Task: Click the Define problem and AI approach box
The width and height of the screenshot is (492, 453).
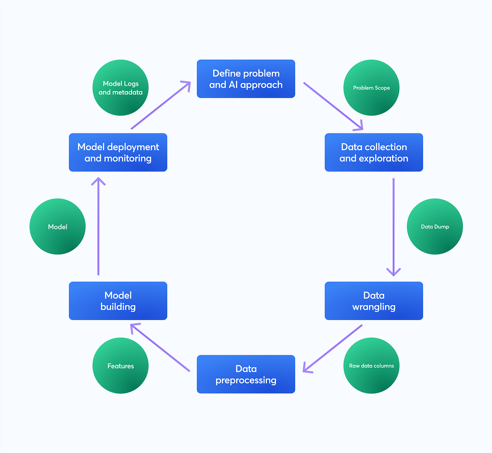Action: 246,79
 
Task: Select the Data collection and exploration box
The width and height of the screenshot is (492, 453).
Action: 374,152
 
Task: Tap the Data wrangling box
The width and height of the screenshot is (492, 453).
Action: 374,301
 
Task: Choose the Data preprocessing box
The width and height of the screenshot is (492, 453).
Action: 246,374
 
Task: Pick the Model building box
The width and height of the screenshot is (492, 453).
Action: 118,301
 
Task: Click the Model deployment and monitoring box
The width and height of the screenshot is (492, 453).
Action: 118,152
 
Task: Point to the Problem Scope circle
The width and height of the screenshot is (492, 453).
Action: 371,88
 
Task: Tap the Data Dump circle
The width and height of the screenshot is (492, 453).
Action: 435,226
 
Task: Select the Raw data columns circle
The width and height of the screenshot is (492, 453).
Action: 371,366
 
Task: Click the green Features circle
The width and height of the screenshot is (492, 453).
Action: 121,366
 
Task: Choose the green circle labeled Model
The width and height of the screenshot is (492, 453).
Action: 57,226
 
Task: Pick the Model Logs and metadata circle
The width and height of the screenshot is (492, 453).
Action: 121,88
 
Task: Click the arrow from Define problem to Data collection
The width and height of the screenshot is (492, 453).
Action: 333,106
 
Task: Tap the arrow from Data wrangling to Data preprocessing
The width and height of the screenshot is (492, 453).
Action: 333,348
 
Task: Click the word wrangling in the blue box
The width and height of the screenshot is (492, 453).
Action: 374,307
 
